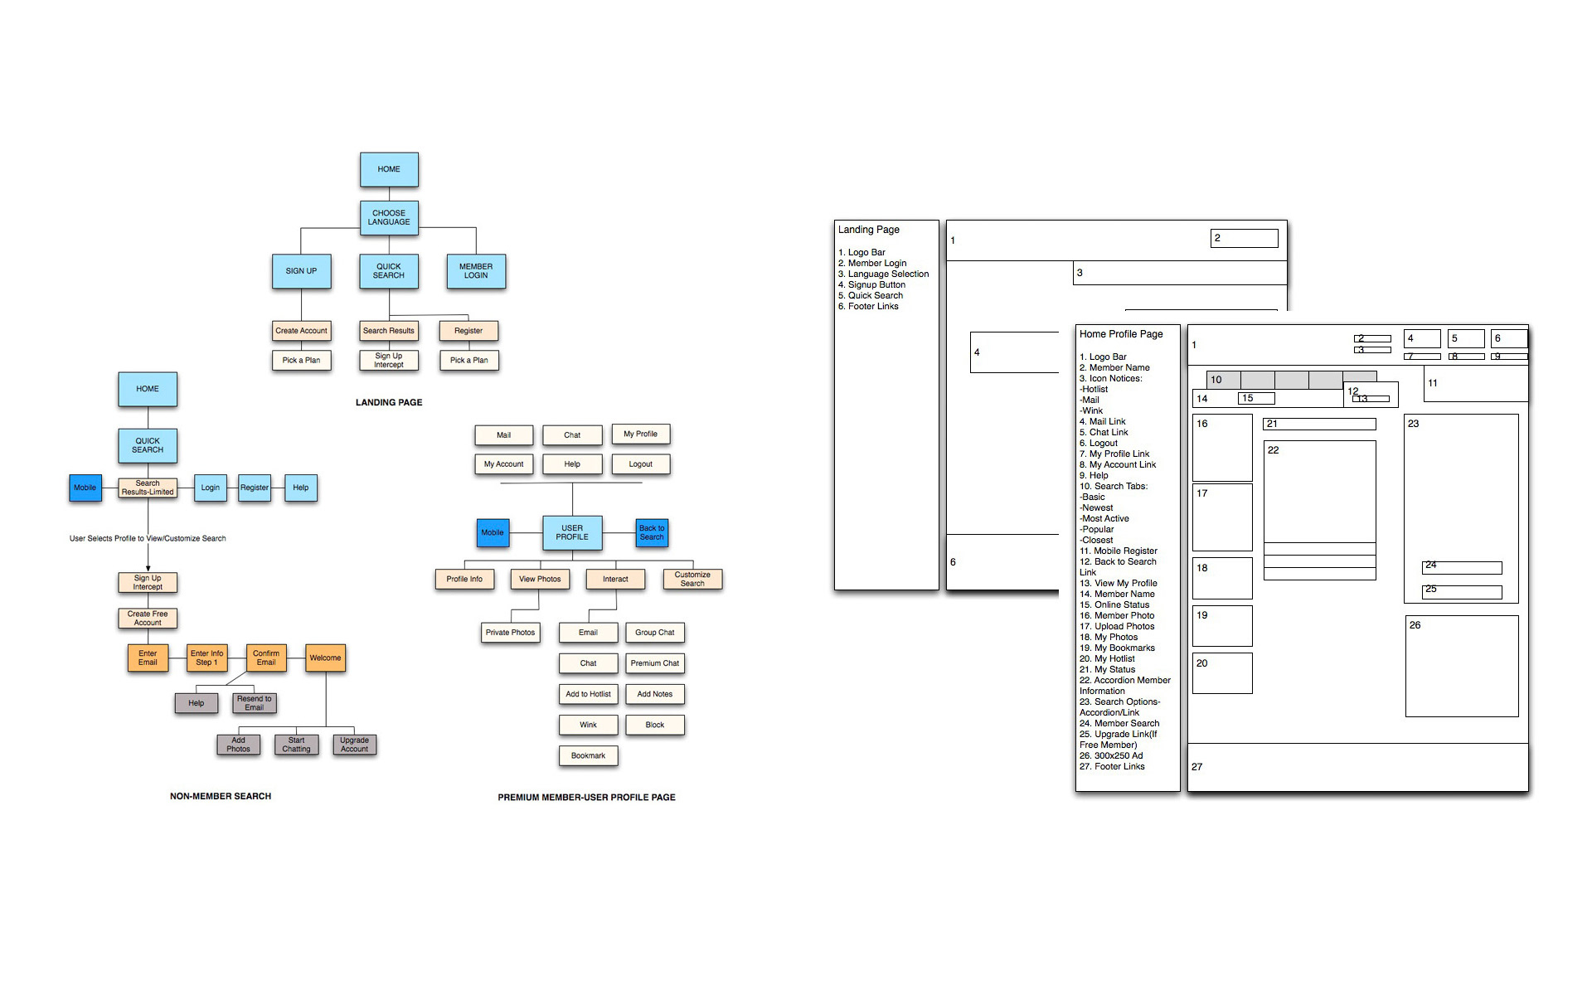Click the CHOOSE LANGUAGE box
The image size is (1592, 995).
tap(389, 217)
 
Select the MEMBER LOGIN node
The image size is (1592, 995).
tap(476, 271)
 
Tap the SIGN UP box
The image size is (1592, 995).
tap(301, 271)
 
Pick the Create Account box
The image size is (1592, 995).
tap(301, 331)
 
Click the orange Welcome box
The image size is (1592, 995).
tap(325, 658)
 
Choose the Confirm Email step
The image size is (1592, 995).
tap(266, 658)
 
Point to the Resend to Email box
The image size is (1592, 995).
tap(254, 703)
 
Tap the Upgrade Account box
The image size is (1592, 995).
tap(354, 745)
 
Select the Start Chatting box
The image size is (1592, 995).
tap(296, 745)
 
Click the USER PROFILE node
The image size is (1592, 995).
tap(572, 532)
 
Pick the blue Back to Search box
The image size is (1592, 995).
tap(652, 532)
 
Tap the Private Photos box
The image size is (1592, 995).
tap(510, 633)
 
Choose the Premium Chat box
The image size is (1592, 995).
tap(654, 663)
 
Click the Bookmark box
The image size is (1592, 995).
tap(588, 756)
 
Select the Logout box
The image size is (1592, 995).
tap(640, 464)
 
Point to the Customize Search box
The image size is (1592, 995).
tap(692, 579)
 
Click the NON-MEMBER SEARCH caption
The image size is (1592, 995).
tap(221, 796)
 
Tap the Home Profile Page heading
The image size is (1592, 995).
tap(1121, 334)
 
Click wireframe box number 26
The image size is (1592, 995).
tap(1462, 666)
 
